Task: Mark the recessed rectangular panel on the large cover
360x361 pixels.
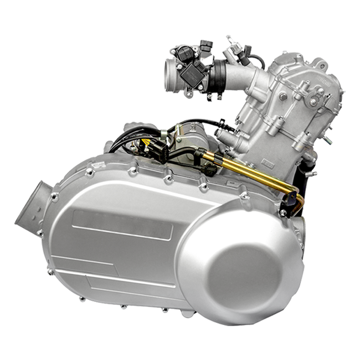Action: [x=122, y=224]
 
